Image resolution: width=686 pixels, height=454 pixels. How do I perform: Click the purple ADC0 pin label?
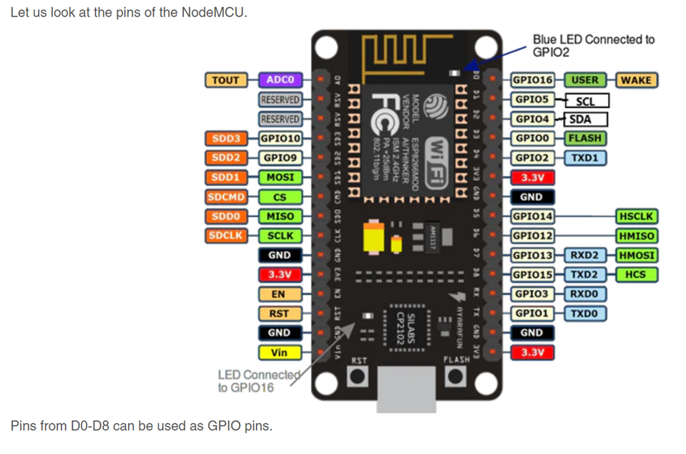tap(280, 80)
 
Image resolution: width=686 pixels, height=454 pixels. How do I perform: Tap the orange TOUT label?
tap(225, 80)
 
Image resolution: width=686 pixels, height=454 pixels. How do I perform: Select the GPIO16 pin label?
tap(533, 80)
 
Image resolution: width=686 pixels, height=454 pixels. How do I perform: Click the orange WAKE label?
tap(636, 80)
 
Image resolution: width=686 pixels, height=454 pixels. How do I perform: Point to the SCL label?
tap(587, 100)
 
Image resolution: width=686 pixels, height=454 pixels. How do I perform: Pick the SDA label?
tap(587, 120)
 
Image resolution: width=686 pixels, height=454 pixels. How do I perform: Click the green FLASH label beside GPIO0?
tap(584, 138)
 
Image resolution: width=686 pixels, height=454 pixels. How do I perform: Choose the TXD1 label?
tap(584, 158)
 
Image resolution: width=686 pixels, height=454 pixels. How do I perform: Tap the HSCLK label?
tap(636, 216)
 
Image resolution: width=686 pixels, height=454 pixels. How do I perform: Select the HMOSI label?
tap(636, 255)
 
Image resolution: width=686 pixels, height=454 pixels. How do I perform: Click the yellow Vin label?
tap(279, 352)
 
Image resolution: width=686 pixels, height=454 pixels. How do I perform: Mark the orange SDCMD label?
tap(226, 197)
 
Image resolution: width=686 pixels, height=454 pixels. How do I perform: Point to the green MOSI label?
tap(280, 177)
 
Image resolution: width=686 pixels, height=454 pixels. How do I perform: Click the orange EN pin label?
tap(279, 294)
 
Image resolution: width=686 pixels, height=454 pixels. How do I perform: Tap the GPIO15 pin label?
tap(533, 274)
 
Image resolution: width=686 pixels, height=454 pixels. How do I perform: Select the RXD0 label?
tap(584, 294)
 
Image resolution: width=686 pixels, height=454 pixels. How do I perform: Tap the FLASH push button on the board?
tap(455, 377)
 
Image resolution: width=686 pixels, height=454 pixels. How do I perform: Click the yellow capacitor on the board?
tap(374, 238)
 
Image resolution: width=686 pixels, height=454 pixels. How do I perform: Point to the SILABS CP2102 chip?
tap(406, 327)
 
